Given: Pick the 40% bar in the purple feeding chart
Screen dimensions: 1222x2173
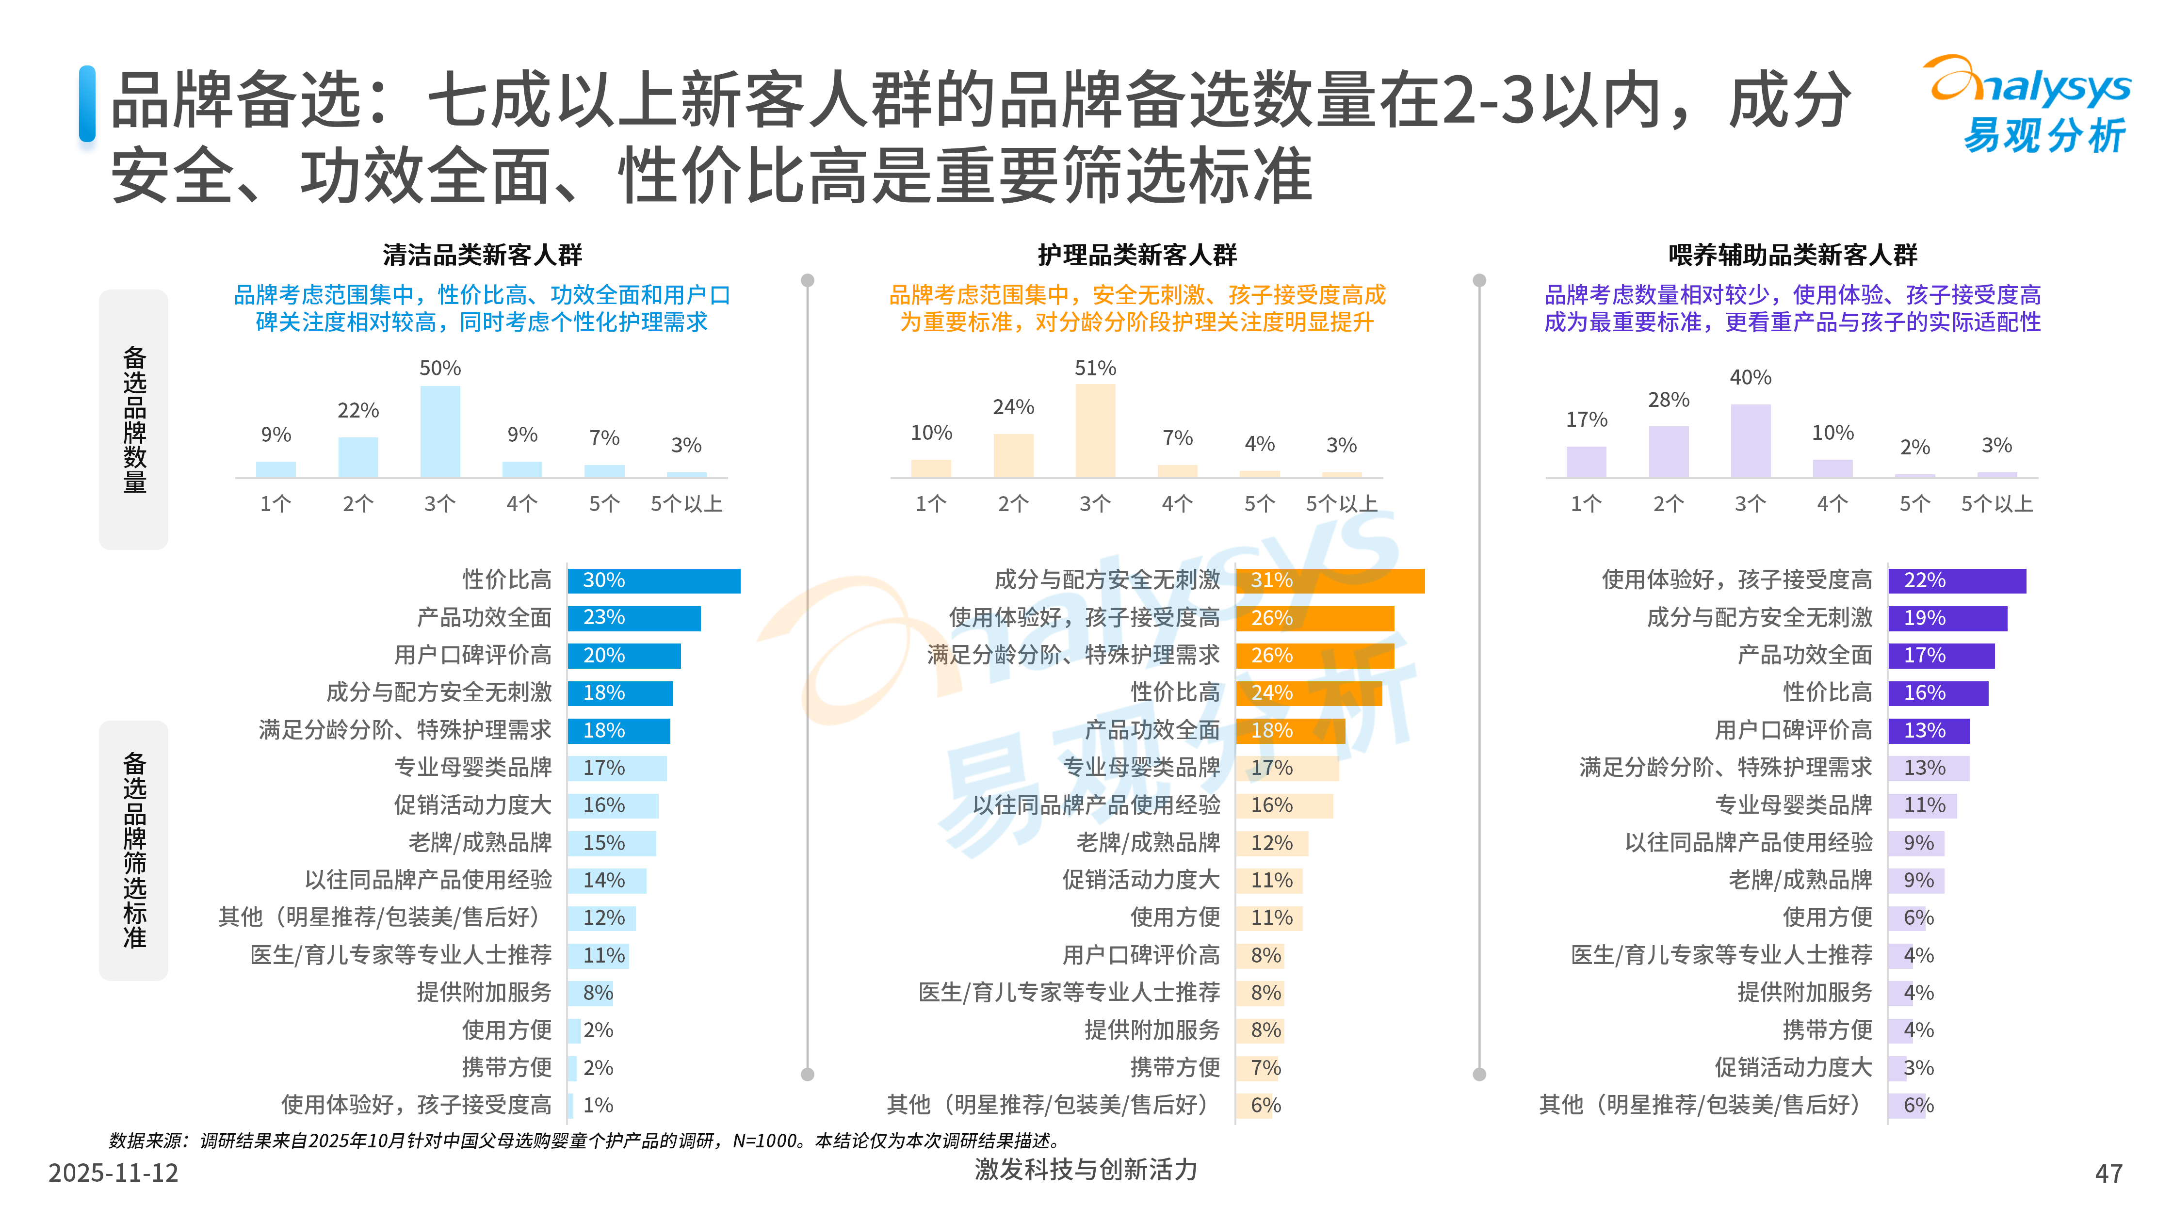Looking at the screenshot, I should pyautogui.click(x=1751, y=440).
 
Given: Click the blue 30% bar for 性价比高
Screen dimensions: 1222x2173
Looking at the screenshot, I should pyautogui.click(x=654, y=581).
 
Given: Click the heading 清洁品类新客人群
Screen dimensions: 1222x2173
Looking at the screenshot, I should pyautogui.click(x=483, y=255).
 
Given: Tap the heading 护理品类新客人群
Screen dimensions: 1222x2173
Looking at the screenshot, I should pyautogui.click(x=1137, y=255).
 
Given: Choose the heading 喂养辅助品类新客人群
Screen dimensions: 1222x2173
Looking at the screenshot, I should pyautogui.click(x=1793, y=255).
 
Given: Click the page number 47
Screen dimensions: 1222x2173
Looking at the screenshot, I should pyautogui.click(x=2108, y=1173).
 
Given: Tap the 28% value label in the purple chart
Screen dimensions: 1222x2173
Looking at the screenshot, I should pyautogui.click(x=1669, y=400).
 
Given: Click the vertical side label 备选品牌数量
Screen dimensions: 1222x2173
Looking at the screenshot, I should pyautogui.click(x=134, y=419).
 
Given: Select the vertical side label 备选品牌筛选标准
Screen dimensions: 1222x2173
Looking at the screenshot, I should pyautogui.click(x=134, y=850).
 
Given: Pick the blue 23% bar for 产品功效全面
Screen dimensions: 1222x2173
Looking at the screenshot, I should pyautogui.click(x=633, y=618).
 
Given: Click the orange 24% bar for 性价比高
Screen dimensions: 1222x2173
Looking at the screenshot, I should pyautogui.click(x=1308, y=693).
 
